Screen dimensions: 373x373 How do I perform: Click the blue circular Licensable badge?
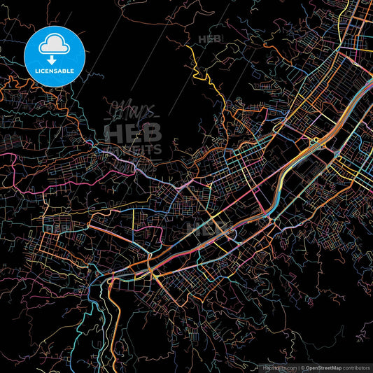point(55,55)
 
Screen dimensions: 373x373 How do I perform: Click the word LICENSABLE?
point(55,71)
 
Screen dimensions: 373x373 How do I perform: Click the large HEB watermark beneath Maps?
point(133,132)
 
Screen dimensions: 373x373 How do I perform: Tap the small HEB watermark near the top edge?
point(210,39)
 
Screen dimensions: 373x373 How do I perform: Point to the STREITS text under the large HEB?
point(136,149)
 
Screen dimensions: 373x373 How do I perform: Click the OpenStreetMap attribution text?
point(326,367)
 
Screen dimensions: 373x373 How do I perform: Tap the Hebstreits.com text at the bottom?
point(279,367)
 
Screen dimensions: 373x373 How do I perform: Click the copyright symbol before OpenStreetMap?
point(302,367)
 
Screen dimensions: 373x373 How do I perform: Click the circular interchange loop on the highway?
point(316,140)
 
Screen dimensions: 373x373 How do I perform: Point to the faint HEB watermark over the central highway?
point(210,228)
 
